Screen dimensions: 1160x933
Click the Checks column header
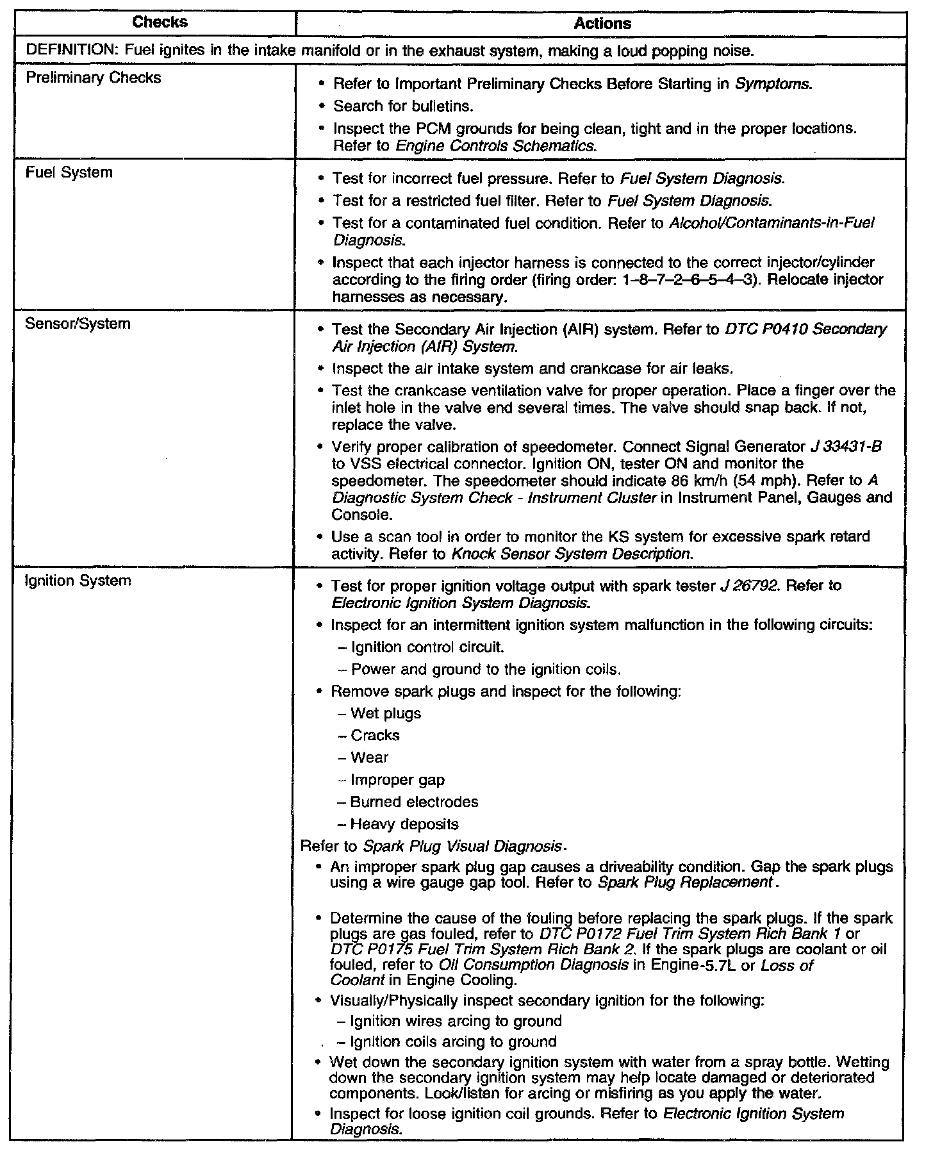pyautogui.click(x=160, y=22)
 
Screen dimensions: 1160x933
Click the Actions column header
pyautogui.click(x=602, y=24)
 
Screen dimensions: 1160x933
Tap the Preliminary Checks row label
pyautogui.click(x=93, y=78)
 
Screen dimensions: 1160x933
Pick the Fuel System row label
pyautogui.click(x=69, y=172)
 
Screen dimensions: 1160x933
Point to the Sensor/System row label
pyautogui.click(x=78, y=324)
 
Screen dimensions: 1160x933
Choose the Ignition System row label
pyautogui.click(x=78, y=581)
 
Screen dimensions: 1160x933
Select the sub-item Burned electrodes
pyautogui.click(x=414, y=802)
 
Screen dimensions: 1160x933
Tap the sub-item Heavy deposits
pyautogui.click(x=404, y=824)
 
